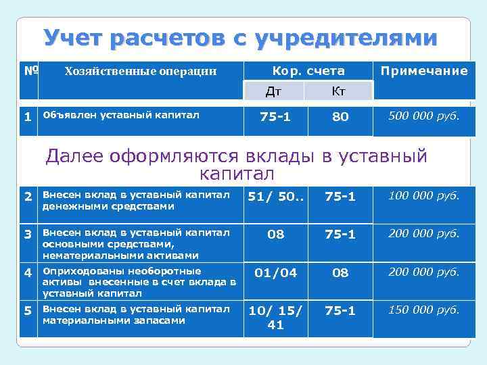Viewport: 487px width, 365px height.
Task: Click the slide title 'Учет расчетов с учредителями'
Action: [240, 38]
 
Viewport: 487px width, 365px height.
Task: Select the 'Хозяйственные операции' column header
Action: [140, 71]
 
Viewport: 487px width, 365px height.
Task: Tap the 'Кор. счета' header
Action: [308, 71]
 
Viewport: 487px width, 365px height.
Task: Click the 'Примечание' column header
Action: [424, 71]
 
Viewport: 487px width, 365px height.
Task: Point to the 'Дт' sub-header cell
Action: [274, 91]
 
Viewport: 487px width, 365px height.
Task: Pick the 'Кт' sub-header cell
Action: [340, 91]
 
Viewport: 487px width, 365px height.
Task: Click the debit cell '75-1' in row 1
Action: [275, 117]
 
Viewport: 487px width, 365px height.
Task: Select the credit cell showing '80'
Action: [340, 117]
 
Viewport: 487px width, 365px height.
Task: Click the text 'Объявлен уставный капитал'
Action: [120, 115]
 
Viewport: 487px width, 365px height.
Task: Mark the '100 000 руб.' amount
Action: [424, 197]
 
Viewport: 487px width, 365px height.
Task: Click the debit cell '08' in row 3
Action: [275, 235]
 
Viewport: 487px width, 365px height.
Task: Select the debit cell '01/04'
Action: [275, 273]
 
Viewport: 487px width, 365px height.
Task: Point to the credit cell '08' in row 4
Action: [340, 273]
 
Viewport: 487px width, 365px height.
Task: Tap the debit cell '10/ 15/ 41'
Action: [275, 317]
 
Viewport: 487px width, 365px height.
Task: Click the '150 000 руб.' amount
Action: [424, 310]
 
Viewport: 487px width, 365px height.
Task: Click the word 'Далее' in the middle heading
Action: [72, 157]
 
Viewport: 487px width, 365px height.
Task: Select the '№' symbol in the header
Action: [30, 70]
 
